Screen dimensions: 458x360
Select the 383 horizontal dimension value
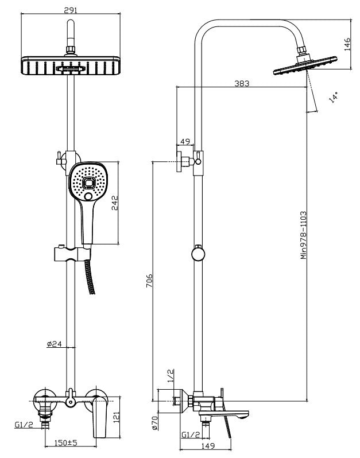click(242, 83)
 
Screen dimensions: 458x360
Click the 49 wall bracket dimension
click(185, 142)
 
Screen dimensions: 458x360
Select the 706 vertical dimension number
click(149, 281)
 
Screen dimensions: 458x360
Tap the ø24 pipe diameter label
click(53, 344)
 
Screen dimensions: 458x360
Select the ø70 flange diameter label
click(155, 423)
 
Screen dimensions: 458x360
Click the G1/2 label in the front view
click(23, 426)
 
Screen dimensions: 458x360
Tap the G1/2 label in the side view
click(191, 435)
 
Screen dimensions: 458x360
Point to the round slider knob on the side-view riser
click(197, 254)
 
